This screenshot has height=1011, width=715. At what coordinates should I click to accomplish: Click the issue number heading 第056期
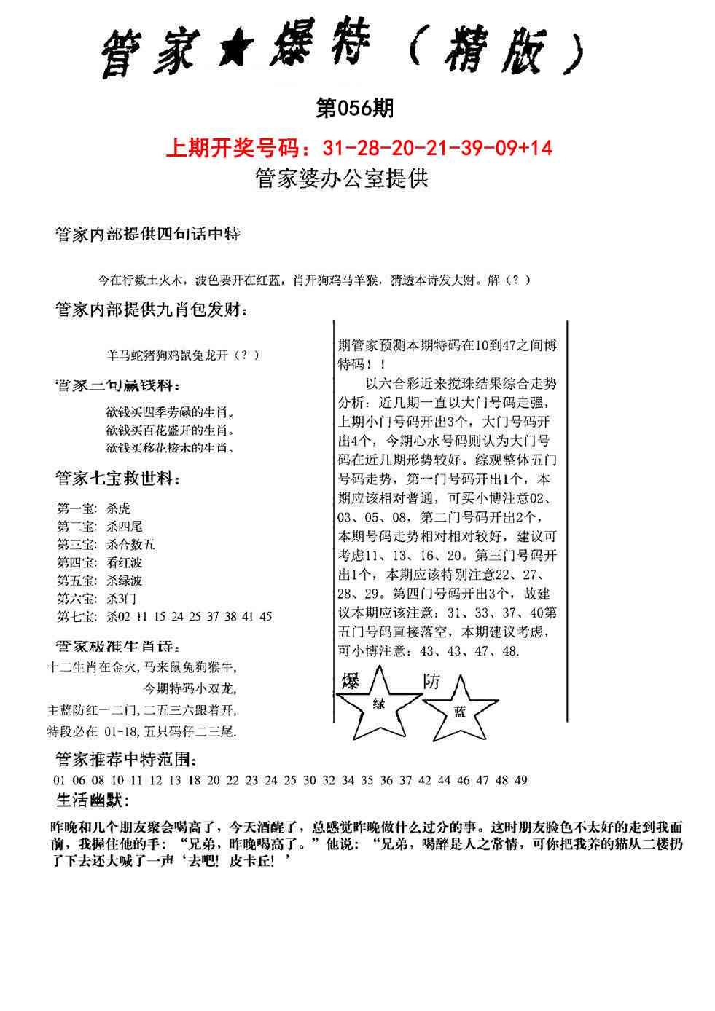coord(355,109)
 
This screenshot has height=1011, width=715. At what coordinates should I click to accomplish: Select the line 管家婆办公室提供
coord(342,178)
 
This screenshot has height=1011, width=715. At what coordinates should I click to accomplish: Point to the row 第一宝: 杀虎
coord(94,508)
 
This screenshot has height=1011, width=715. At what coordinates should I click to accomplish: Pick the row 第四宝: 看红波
coord(99,562)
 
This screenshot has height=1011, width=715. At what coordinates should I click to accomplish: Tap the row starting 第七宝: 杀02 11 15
coord(164,617)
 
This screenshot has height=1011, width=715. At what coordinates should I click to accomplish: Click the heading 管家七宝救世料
coord(117,479)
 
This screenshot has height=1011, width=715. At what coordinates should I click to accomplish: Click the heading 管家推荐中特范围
coord(125,760)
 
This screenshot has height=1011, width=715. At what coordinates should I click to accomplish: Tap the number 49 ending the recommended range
coord(520,780)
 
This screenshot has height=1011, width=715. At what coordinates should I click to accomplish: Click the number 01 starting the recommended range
coord(59,780)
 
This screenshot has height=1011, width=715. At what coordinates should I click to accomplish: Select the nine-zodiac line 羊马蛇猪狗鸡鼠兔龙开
coord(182,355)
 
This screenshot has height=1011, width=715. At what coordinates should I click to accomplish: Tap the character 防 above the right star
coord(432,682)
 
